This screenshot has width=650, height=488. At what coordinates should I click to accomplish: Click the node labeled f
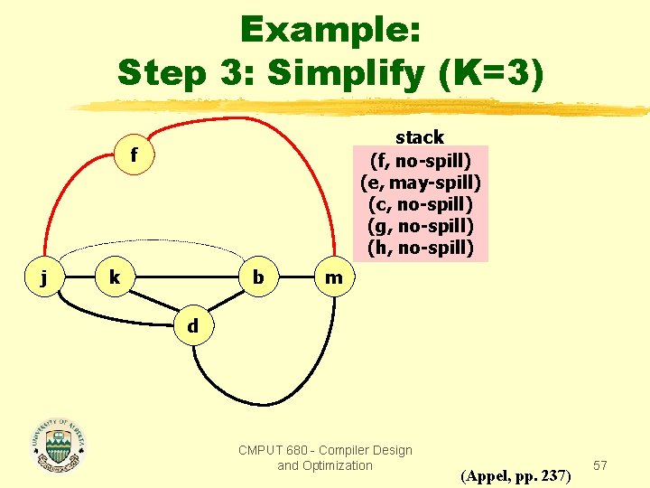click(134, 155)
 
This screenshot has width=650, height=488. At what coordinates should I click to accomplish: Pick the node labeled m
click(334, 277)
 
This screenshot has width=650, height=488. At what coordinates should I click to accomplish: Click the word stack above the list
click(420, 137)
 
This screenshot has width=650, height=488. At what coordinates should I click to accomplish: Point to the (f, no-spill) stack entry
click(421, 160)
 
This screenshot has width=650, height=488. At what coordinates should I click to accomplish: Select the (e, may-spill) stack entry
click(421, 183)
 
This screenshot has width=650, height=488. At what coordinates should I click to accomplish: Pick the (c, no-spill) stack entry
click(421, 204)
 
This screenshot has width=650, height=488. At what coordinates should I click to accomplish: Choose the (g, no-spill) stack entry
click(421, 226)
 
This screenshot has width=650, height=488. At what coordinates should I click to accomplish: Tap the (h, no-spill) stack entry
click(421, 248)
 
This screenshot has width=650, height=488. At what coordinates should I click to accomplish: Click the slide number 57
click(601, 465)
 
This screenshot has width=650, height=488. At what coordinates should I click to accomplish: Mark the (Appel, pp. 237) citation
click(515, 474)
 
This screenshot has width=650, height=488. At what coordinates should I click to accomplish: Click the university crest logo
click(60, 446)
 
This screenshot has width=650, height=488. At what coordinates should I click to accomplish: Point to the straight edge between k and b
click(185, 277)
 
